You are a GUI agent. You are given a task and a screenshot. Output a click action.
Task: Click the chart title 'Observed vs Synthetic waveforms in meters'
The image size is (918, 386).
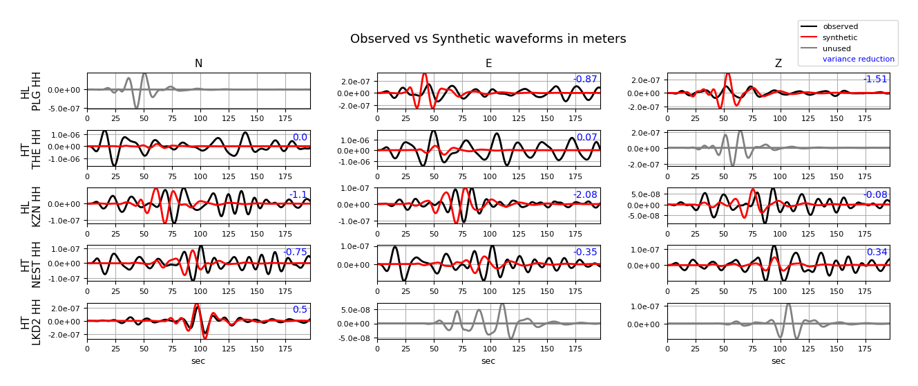(488, 39)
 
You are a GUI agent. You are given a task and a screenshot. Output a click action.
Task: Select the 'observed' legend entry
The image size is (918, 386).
(840, 26)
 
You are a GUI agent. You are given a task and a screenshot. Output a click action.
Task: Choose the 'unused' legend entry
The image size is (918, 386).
(836, 48)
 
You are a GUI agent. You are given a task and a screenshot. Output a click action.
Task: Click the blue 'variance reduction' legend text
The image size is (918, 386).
(858, 59)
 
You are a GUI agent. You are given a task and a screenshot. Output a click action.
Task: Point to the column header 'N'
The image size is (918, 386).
(198, 64)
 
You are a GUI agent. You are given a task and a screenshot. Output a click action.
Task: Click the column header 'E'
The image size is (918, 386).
(488, 64)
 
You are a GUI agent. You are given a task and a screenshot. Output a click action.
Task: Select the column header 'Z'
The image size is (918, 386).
(778, 64)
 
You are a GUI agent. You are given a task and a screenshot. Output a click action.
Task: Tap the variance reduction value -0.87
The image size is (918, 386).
(585, 80)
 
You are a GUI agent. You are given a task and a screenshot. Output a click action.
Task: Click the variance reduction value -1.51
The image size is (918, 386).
(875, 80)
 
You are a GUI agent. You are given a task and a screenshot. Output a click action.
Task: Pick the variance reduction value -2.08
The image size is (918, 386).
(585, 195)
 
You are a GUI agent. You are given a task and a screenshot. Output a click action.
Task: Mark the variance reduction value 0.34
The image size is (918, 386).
(877, 252)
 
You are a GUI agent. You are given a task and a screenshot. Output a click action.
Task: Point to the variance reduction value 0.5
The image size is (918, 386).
(300, 310)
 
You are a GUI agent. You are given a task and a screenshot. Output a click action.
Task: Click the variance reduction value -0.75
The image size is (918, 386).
(295, 252)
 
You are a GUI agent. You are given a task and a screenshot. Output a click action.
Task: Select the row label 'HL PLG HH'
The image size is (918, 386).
(31, 91)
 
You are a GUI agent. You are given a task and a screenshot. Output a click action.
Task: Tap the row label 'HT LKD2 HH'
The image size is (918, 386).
(31, 321)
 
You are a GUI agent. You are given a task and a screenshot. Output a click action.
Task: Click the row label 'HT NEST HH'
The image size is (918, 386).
(31, 264)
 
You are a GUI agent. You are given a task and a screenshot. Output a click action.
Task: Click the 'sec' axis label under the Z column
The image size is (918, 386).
(778, 361)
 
